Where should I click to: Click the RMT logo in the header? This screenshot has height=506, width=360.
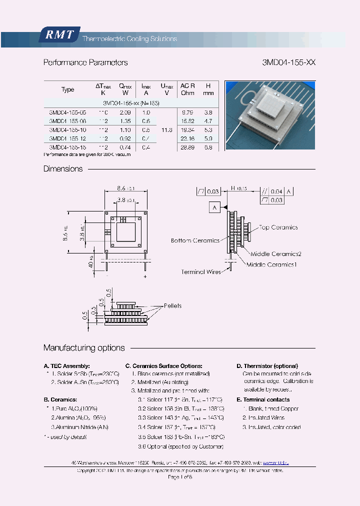(59, 34)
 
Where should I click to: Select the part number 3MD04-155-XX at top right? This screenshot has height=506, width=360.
(288, 62)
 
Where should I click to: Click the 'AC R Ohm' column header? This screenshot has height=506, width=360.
(187, 89)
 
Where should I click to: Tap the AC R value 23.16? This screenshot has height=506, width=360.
(187, 137)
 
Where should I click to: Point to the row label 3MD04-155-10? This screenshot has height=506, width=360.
(68, 129)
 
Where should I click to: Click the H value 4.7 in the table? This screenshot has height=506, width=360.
(208, 121)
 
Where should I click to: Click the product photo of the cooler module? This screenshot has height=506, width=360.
(269, 115)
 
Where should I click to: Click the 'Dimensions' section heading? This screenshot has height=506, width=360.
(63, 169)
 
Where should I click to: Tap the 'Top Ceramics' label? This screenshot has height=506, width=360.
(278, 227)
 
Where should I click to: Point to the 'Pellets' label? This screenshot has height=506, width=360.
(172, 306)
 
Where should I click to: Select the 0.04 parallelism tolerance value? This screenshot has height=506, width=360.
(276, 191)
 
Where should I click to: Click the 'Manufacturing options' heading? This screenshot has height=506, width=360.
(84, 348)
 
